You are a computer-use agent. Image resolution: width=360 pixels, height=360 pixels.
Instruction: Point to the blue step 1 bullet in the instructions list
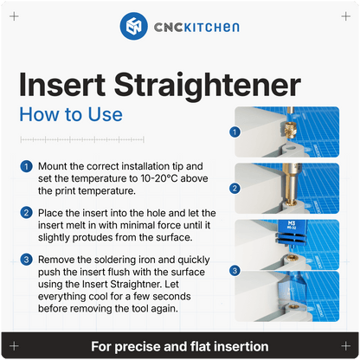27,164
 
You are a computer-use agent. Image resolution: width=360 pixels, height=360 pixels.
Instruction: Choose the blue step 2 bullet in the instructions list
27,212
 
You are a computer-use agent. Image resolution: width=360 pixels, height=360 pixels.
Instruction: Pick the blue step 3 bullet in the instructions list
27,259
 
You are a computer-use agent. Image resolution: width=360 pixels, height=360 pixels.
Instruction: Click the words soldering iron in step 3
134,259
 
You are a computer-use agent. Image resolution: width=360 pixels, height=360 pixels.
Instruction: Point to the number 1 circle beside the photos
234,133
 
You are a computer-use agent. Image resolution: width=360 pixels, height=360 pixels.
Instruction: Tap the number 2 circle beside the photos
234,188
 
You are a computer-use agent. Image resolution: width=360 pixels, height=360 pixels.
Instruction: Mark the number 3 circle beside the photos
234,270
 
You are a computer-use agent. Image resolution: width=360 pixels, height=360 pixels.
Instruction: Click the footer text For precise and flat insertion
179,346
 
